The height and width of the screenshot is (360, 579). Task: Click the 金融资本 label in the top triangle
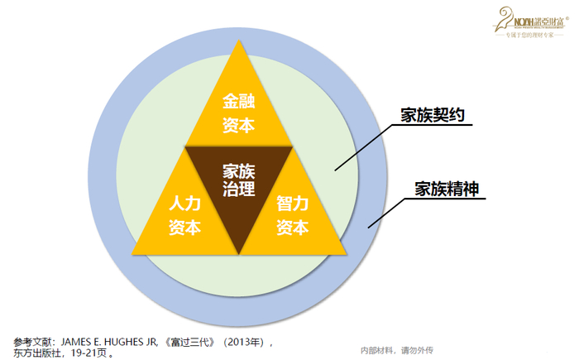click(x=239, y=113)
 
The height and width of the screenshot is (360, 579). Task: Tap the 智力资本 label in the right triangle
click(x=293, y=214)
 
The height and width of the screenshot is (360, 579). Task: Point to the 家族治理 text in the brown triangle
click(x=239, y=180)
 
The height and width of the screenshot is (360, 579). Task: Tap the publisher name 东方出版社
click(x=38, y=353)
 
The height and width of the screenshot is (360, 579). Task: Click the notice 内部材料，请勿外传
click(x=401, y=349)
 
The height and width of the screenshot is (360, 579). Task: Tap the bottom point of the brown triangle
click(x=239, y=253)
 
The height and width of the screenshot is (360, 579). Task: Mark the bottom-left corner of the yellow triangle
click(x=132, y=253)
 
